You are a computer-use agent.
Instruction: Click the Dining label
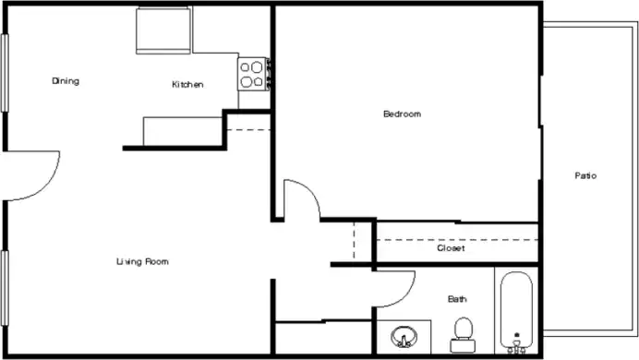pos(66,81)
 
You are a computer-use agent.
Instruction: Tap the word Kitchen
pos(187,85)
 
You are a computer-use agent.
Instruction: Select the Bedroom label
pos(402,114)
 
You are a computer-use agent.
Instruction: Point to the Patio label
pos(585,175)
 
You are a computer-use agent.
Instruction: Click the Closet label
pos(451,248)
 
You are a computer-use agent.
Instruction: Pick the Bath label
pos(457,299)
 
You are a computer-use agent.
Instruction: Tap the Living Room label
pos(142,262)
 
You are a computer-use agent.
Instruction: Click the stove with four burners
pos(252,73)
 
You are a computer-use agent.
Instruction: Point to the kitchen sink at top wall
pos(163,30)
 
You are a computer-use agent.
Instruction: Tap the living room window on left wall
pos(5,282)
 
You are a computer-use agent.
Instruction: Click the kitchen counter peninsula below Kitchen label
pos(183,130)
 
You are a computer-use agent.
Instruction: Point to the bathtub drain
pos(516,337)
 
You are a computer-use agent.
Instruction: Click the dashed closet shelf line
pos(457,239)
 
